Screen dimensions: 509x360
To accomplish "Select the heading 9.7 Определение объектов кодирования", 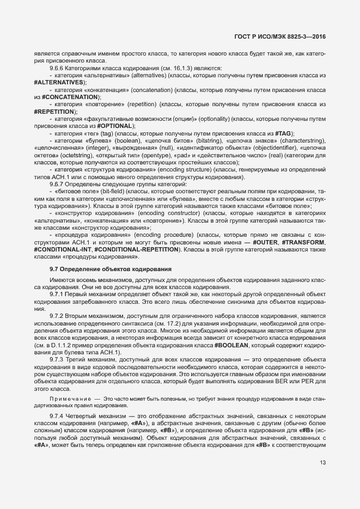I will click(x=111, y=269).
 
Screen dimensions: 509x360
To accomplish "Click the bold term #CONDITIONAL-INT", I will click(x=63, y=249).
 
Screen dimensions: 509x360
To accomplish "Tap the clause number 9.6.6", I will click(x=57, y=68).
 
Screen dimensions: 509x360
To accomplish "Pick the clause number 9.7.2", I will click(x=57, y=316).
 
